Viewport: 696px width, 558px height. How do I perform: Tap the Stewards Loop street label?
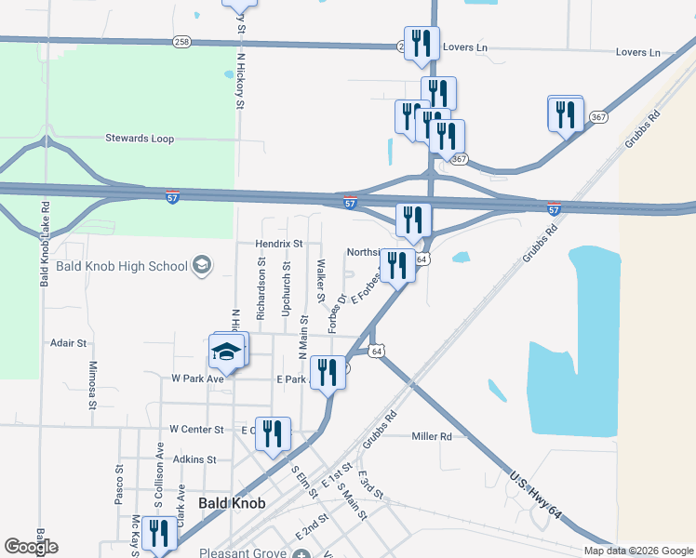(x=140, y=139)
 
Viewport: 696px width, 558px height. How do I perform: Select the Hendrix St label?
(x=279, y=244)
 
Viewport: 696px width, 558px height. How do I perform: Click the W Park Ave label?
(x=197, y=379)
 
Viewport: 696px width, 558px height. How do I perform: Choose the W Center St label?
(x=196, y=430)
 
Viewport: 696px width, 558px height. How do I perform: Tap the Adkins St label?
(x=194, y=459)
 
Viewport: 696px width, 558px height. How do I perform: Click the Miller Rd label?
(x=431, y=435)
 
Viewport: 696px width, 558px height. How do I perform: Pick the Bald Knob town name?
(x=232, y=503)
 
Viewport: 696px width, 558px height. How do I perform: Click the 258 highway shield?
(x=181, y=42)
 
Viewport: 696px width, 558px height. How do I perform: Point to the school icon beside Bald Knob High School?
(x=200, y=267)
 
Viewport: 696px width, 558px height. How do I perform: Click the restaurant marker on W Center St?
(x=273, y=433)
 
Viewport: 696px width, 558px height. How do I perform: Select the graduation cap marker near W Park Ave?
(x=227, y=352)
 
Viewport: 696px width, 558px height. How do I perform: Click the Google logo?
(x=31, y=547)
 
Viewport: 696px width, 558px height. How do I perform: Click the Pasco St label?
(x=119, y=486)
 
